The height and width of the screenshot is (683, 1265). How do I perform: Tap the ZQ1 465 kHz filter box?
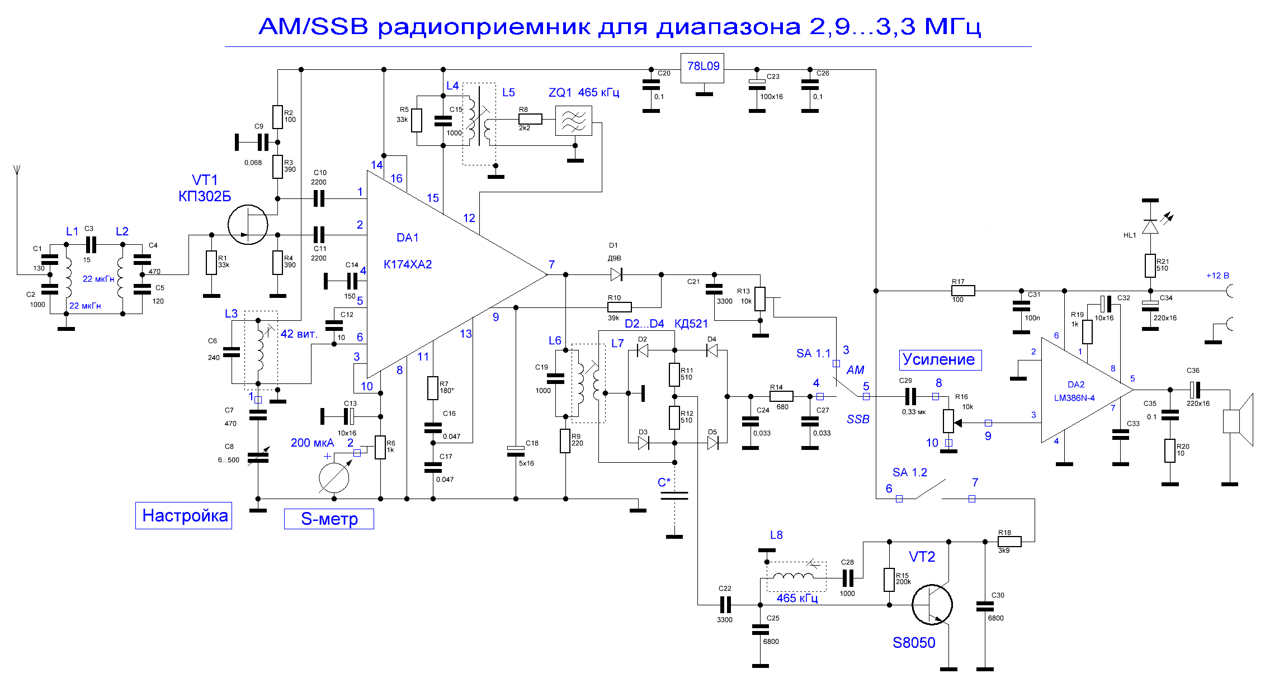573,121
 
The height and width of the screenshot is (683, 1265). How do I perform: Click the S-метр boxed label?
329,519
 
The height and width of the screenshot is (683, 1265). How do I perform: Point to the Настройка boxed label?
184,515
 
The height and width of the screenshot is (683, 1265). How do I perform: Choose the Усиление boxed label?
940,359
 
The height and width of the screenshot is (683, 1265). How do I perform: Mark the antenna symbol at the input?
17,170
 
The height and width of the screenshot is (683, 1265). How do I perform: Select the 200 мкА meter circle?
334,478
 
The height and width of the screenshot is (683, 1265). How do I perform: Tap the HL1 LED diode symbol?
1150,226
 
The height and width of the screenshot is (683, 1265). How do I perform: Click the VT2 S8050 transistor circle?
931,604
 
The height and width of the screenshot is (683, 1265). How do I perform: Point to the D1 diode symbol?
616,274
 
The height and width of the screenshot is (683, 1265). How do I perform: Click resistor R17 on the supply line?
962,291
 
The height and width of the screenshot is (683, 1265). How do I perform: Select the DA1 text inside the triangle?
407,238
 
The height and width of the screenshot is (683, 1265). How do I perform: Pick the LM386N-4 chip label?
1074,398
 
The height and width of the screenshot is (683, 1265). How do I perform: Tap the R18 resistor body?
1009,541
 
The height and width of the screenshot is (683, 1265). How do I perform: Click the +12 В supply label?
1217,276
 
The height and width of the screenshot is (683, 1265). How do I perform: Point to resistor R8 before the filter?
530,118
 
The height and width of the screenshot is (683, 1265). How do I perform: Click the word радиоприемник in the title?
483,27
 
